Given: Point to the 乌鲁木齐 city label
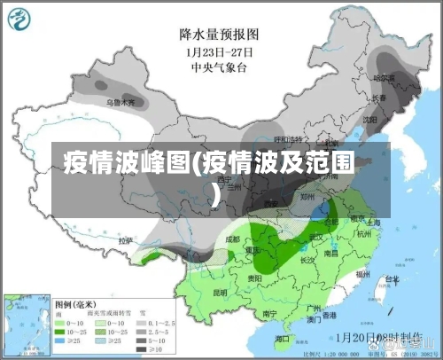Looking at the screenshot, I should coord(121,102).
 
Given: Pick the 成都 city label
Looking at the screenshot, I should coord(232,238).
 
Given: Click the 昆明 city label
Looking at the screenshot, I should coord(220,292).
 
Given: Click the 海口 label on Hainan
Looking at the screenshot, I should coord(283,339).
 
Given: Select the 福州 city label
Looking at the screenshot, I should coord(362,275).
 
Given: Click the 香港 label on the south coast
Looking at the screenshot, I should coord(329,315).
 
